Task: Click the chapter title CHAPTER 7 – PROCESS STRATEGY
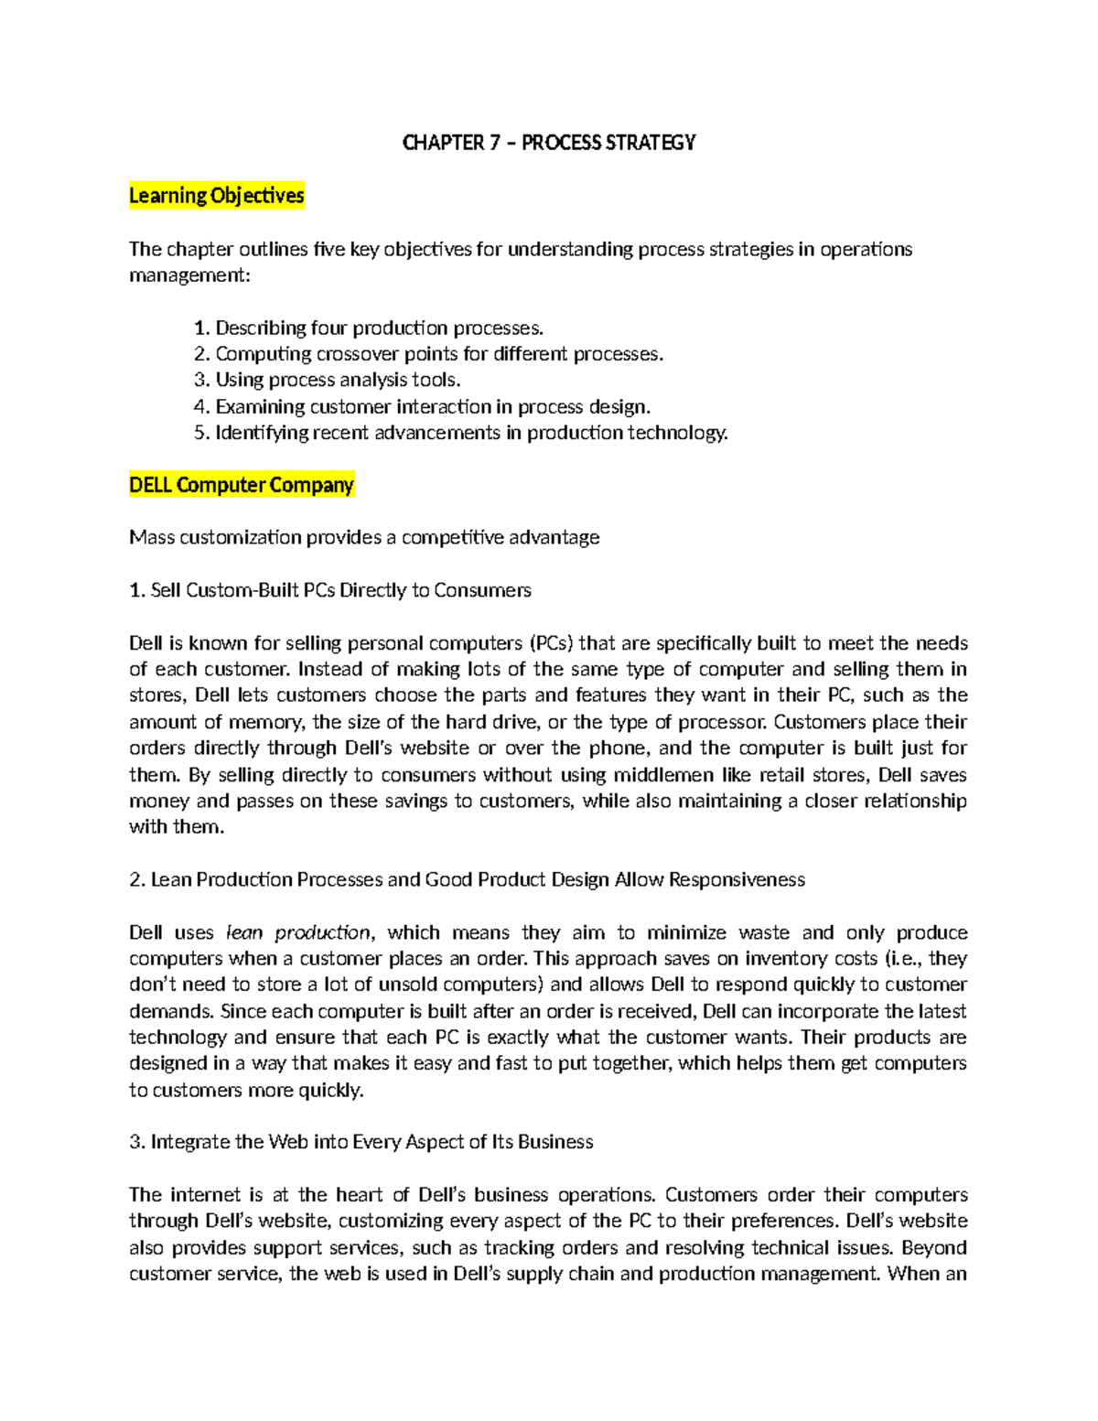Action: pos(549,143)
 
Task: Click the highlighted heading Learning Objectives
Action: pos(216,196)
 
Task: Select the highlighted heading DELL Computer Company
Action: pos(242,485)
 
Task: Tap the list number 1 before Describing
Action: pos(201,328)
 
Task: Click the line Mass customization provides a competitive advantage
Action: pos(364,538)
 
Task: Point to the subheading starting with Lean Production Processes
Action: pos(467,880)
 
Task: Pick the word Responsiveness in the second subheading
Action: pos(737,880)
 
